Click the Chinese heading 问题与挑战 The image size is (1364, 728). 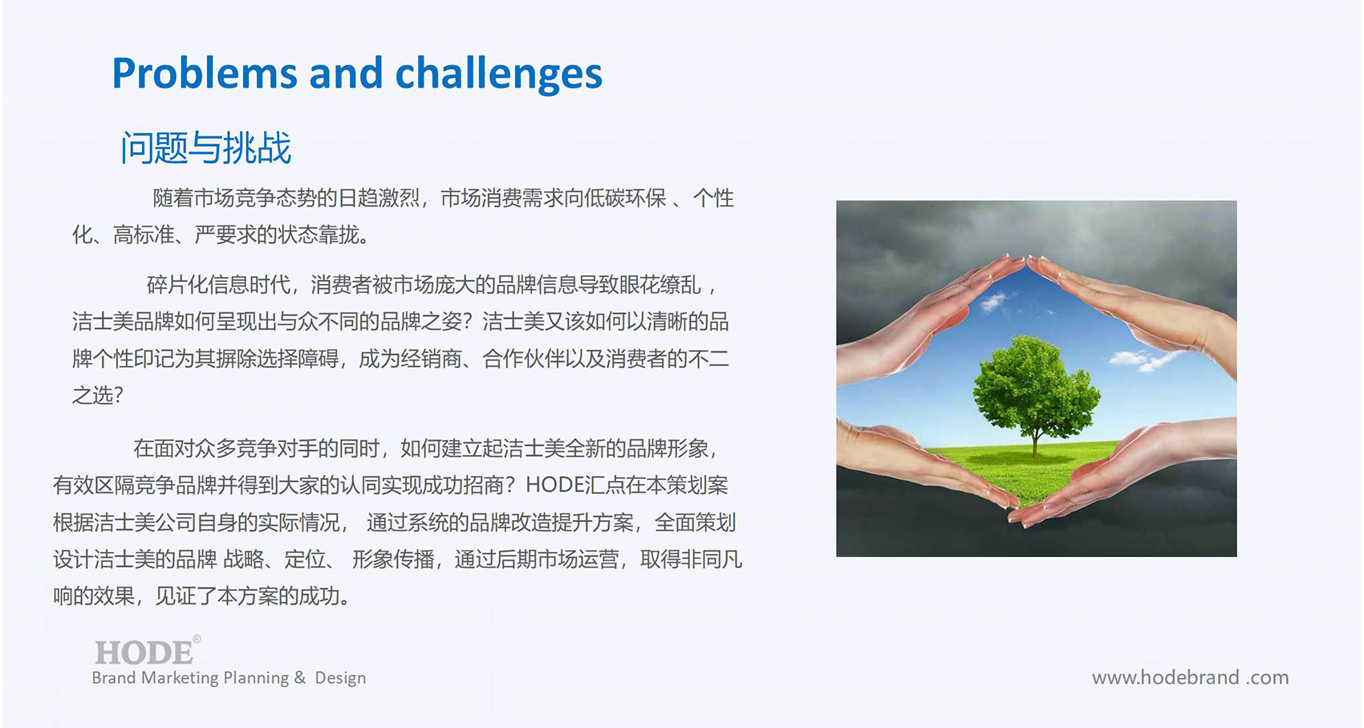tap(206, 148)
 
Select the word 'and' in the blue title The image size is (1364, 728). tap(346, 73)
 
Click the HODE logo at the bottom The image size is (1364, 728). tap(144, 653)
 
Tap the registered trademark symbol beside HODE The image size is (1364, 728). tap(197, 638)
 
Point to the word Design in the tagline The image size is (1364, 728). tap(340, 678)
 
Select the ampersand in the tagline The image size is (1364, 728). tap(299, 677)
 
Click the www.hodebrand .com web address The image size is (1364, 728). tap(1191, 677)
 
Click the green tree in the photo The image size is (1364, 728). tap(1037, 390)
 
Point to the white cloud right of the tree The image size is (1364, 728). tap(1143, 360)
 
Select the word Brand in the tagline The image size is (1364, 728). tap(114, 678)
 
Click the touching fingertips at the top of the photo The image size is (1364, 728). tap(1028, 261)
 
